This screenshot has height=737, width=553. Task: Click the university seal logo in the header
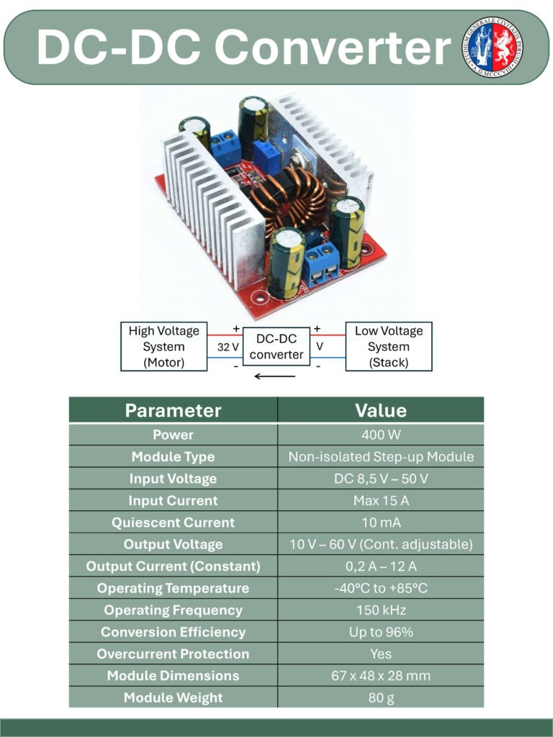click(493, 47)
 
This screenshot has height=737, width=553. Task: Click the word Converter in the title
click(332, 48)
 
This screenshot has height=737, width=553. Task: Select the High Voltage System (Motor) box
click(163, 346)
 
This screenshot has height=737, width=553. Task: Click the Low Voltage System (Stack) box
click(389, 346)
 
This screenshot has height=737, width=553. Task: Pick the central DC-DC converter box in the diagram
click(276, 346)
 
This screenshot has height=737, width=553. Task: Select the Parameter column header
click(173, 410)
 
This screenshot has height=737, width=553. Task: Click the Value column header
click(381, 410)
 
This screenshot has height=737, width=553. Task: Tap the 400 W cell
click(381, 435)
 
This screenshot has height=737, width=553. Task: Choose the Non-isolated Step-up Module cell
click(381, 457)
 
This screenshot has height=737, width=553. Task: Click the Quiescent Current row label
click(173, 523)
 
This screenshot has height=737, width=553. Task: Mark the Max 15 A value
click(381, 501)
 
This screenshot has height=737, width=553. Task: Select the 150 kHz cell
click(381, 610)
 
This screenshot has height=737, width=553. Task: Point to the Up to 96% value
click(381, 632)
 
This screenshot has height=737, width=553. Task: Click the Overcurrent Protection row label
click(173, 654)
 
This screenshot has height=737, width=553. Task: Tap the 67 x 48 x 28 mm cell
click(381, 676)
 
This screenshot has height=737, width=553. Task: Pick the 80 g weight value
click(381, 698)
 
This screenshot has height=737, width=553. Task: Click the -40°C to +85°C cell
click(381, 588)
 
